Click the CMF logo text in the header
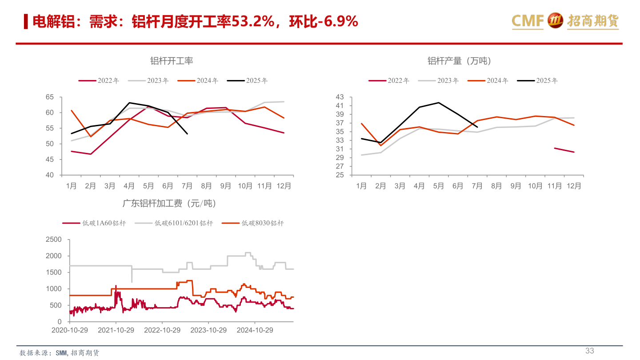point(528,21)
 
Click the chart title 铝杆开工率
point(172,61)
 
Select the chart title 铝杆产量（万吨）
point(459,61)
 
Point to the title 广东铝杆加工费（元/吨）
point(169,204)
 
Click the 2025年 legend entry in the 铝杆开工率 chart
point(247,80)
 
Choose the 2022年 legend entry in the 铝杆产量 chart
point(388,80)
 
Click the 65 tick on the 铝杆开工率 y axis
point(49,97)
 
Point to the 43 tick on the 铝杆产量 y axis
point(340,97)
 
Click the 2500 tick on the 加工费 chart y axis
point(54,240)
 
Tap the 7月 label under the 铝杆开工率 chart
point(187,186)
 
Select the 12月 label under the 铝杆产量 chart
point(574,186)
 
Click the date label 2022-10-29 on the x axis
point(162,330)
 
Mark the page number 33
point(589,351)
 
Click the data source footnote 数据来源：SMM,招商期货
point(60,353)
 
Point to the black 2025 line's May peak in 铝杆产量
point(439,103)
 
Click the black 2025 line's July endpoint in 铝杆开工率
point(187,134)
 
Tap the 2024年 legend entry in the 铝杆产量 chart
point(488,80)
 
